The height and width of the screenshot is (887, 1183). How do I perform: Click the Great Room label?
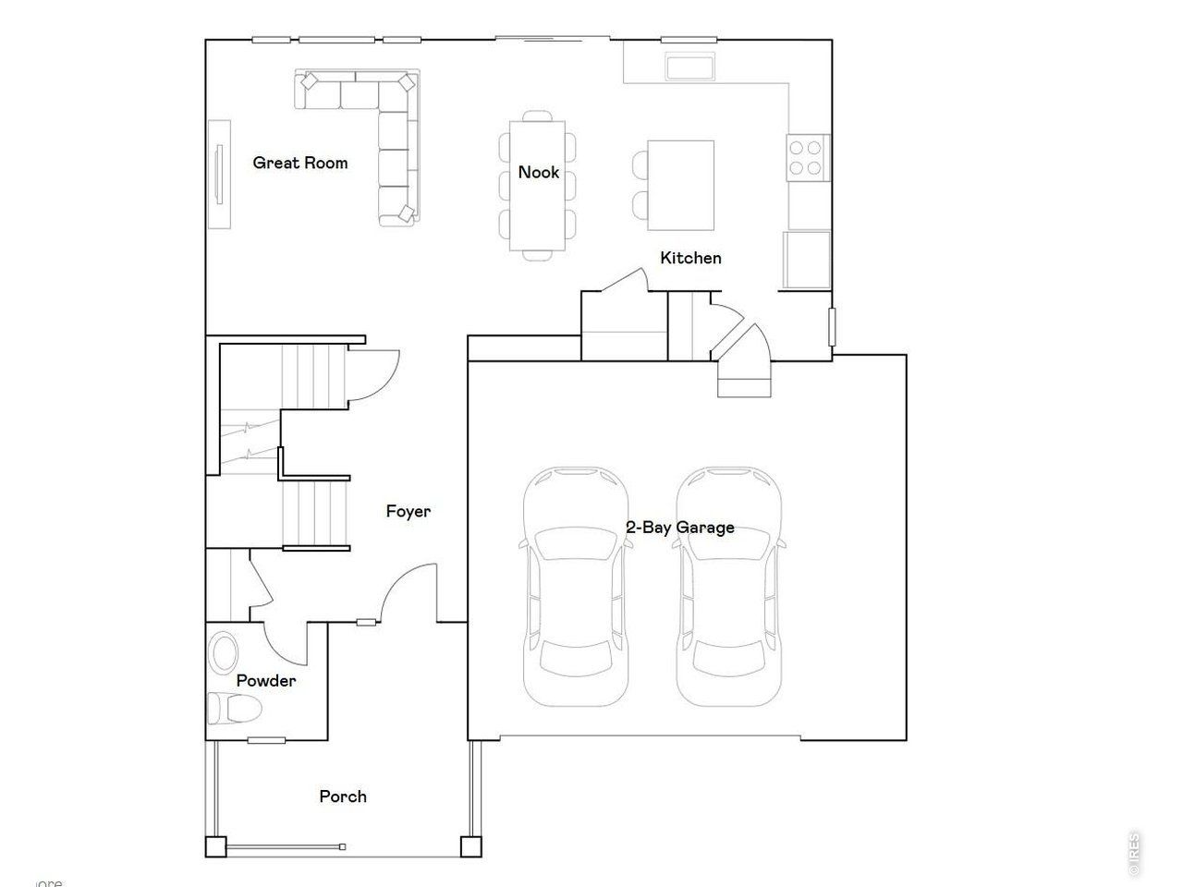[300, 164]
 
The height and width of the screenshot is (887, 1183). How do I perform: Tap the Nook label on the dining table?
[538, 172]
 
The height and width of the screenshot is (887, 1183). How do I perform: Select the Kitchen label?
[690, 258]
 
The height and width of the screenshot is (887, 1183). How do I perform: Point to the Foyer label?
[408, 511]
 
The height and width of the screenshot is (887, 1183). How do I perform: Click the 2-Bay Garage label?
[680, 528]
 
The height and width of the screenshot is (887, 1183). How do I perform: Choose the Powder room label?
[266, 681]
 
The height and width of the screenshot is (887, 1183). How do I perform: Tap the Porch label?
[343, 796]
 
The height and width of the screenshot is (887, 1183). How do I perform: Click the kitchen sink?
[690, 67]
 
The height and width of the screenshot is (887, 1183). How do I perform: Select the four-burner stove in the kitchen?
[805, 156]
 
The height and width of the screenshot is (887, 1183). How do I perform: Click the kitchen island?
[681, 186]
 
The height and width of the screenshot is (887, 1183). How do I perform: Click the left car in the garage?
[577, 587]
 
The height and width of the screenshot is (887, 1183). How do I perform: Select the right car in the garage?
[730, 587]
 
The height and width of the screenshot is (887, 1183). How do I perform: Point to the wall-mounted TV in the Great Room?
[219, 174]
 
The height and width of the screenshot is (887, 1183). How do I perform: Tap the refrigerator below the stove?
[807, 261]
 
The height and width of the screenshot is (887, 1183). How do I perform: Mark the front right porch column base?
[471, 846]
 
